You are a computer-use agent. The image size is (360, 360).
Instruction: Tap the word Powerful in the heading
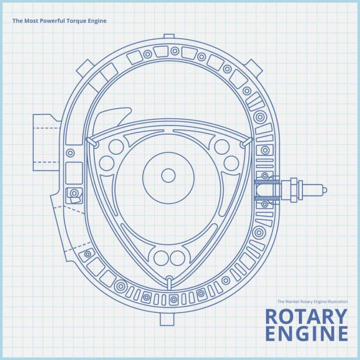[50, 21]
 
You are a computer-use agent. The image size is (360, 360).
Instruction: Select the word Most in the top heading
[30, 21]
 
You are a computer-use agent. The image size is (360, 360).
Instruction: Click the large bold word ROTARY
[306, 317]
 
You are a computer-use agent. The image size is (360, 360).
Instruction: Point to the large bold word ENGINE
[306, 334]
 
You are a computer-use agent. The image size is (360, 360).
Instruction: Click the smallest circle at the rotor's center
[168, 175]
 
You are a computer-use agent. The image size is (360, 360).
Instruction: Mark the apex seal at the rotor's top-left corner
[92, 142]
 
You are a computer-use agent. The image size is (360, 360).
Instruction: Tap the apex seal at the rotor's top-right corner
[246, 142]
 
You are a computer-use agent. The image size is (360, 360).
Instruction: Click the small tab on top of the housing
[169, 36]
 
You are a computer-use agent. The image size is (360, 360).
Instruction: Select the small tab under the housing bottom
[166, 319]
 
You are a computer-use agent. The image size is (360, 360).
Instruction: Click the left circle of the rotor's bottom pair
[161, 257]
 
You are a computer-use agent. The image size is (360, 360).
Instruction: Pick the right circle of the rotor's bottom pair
[177, 257]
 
